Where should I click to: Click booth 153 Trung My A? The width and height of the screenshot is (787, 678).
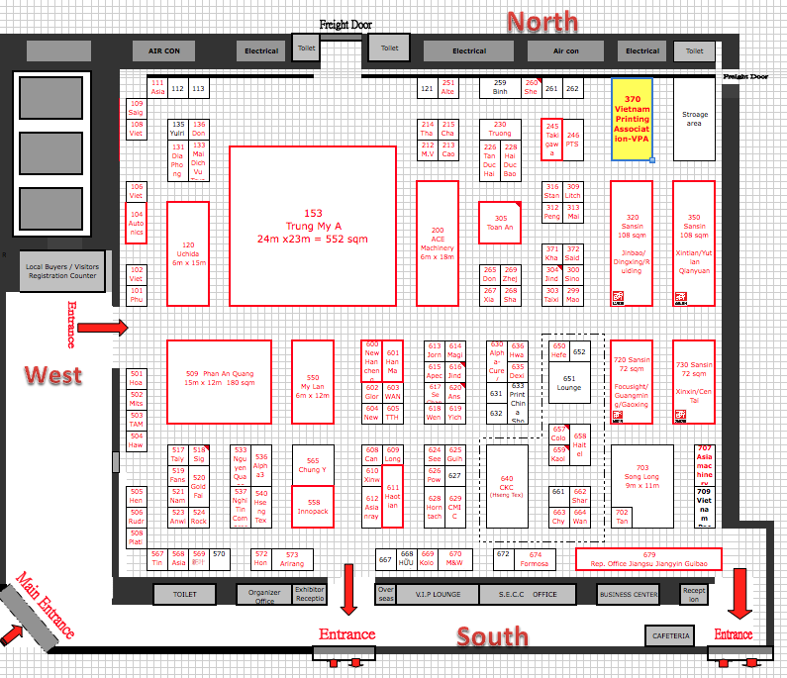point(313,226)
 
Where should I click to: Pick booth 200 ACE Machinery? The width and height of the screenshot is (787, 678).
point(437,242)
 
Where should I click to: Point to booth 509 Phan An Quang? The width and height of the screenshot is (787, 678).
point(219,381)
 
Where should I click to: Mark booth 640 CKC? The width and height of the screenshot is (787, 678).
point(507,486)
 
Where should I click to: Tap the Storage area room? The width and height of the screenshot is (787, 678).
point(695,120)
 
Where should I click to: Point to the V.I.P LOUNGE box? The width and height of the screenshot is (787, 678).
point(440,594)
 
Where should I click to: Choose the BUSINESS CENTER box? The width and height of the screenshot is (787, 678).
point(629,594)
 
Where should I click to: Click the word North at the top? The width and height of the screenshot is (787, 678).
point(542,22)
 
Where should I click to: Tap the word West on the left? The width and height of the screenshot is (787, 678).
point(53,375)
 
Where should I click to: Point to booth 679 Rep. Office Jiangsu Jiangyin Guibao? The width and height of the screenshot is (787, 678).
point(649,559)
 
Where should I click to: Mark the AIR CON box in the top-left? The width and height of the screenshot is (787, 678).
point(164,50)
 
